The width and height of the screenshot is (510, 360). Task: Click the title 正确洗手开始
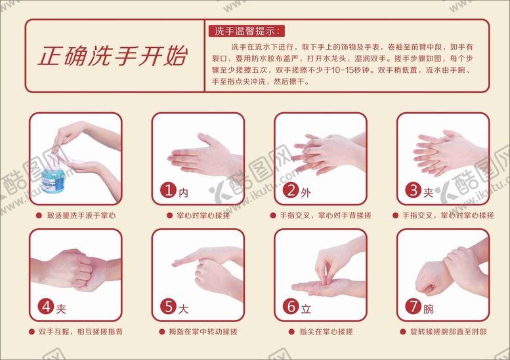pos(112,56)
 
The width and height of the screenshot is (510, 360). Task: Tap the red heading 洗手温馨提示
pos(246,31)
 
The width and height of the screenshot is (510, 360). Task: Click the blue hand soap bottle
pos(53,177)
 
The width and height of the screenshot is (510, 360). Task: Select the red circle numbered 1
pos(168,190)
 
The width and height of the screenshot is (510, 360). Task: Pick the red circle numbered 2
pos(291,190)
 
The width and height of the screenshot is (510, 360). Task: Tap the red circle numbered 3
pos(414,190)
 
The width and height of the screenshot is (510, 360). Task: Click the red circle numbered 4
pos(46,306)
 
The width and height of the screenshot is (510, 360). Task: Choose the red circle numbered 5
pos(168,306)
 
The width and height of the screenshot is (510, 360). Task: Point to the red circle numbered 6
pos(291,306)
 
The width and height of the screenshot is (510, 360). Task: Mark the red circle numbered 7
pos(414,306)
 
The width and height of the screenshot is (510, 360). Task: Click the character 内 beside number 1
pos(183,193)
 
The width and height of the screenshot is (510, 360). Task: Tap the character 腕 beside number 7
pos(429,309)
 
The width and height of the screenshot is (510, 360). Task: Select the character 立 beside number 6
pos(306,309)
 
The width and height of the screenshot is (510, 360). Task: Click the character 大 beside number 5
pos(183,309)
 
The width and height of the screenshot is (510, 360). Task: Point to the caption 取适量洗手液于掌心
pos(81,216)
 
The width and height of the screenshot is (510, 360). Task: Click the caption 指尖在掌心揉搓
pos(326,332)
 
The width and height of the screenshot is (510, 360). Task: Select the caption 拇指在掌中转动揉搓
pos(203,332)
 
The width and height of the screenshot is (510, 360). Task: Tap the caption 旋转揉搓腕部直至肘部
pos(448,332)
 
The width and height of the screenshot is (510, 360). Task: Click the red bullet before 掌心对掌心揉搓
pos(169,216)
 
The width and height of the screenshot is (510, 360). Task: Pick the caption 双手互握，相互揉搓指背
pos(81,332)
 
